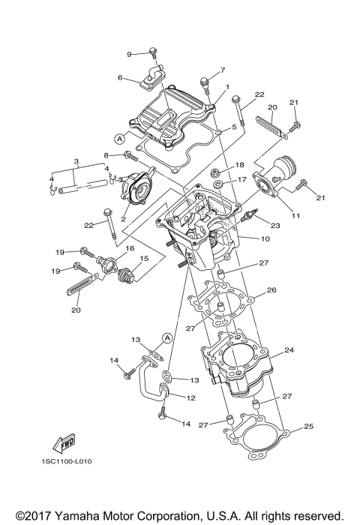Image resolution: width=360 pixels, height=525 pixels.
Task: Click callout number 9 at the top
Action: [x=129, y=54]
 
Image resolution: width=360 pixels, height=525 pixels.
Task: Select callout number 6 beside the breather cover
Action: [x=120, y=77]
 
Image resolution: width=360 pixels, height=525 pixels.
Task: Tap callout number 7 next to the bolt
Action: [x=222, y=71]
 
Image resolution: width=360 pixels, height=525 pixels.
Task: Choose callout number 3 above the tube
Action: [x=76, y=161]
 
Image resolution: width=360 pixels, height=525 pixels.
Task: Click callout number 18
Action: [x=240, y=165]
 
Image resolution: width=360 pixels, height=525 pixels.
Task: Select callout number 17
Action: [x=242, y=180]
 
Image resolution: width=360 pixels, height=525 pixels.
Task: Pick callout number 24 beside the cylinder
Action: [x=288, y=349]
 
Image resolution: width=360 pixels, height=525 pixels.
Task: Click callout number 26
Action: [x=271, y=290]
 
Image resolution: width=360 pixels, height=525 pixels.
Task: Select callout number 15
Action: [x=144, y=259]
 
